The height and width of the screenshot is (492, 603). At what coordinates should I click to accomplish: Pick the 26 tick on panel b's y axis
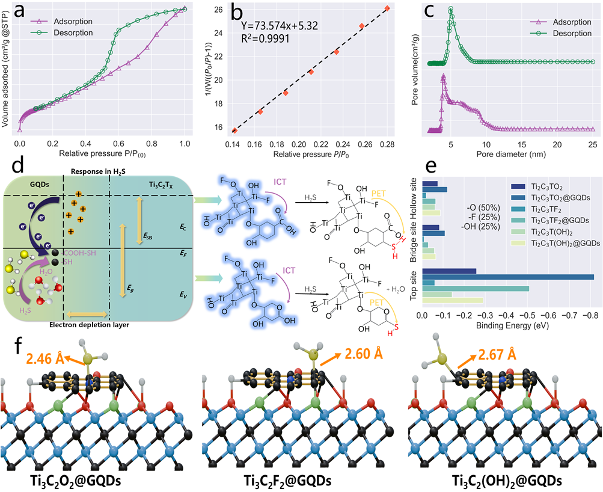[216, 8]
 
